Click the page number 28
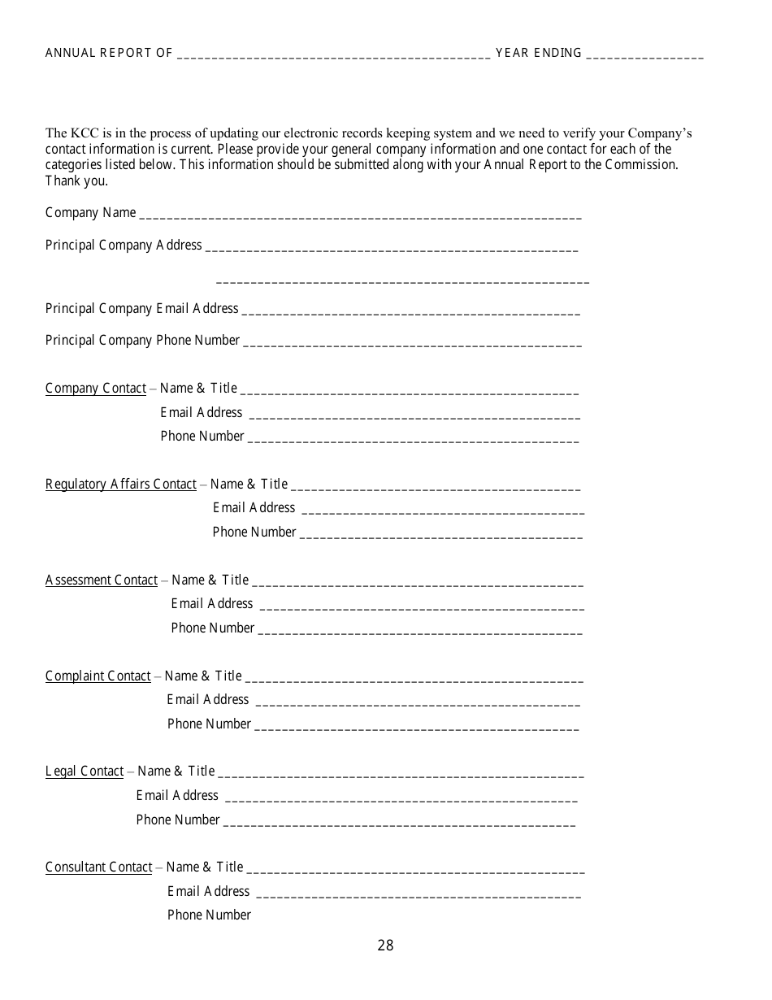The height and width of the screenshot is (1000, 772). [x=385, y=945]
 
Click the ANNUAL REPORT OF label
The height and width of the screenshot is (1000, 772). [x=109, y=53]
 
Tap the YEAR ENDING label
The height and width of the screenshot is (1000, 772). [x=539, y=53]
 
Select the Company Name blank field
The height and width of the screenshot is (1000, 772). [x=360, y=217]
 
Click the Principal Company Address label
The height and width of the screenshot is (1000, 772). [x=124, y=245]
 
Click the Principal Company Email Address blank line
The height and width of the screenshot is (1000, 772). [x=411, y=312]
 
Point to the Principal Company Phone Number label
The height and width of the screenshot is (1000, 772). [x=142, y=340]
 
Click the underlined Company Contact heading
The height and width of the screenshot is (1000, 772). [x=96, y=388]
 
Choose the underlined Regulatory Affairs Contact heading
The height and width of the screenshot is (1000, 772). [x=121, y=484]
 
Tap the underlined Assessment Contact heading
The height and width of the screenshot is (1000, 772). [x=102, y=580]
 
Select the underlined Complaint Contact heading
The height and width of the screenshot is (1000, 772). [x=98, y=676]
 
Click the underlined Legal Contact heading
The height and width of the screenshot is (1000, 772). [x=85, y=771]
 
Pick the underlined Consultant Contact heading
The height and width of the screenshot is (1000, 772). [x=99, y=867]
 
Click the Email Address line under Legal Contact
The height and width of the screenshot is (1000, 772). [x=401, y=799]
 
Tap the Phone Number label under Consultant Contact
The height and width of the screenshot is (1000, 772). [x=209, y=915]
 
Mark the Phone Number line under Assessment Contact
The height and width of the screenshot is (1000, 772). [x=420, y=632]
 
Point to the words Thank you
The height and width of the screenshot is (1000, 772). [x=76, y=180]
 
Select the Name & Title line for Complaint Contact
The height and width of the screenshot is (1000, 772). [x=414, y=680]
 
